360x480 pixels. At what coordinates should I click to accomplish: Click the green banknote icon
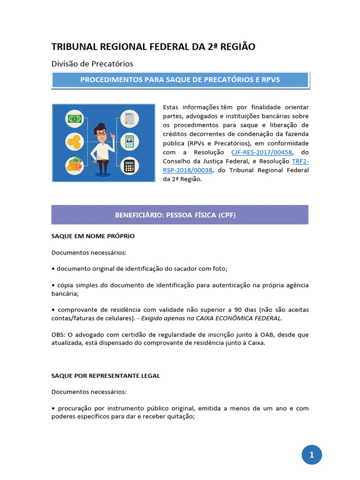pos(75,119)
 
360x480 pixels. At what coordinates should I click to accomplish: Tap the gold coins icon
pos(75,141)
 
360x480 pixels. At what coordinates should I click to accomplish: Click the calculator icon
pos(129,165)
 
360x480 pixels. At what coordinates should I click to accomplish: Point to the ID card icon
pos(129,141)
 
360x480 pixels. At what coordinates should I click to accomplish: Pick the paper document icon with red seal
pos(130,118)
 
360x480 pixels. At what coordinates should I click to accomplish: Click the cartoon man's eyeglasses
pos(101,133)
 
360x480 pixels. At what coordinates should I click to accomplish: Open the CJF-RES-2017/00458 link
pos(261,152)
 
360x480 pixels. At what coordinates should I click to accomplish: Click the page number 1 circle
pos(312,454)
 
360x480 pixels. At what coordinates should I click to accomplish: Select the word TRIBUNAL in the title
pos(75,46)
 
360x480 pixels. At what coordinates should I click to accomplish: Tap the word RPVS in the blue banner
pos(270,80)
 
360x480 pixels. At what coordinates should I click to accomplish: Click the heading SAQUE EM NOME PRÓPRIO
pos(93,236)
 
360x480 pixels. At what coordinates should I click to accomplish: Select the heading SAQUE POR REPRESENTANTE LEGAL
pos(105,375)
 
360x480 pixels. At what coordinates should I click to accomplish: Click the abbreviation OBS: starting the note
pos(58,335)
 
